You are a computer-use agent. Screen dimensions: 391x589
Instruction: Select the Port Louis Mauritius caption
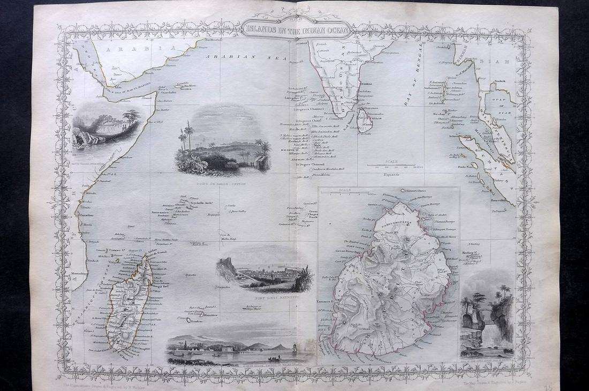264,296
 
